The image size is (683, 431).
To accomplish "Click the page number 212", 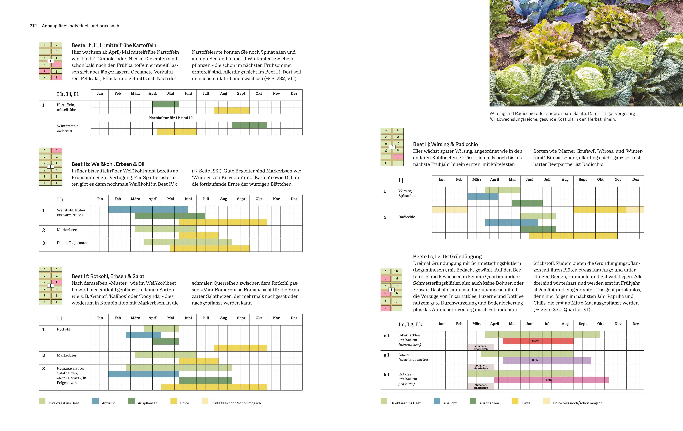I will tap(33, 26).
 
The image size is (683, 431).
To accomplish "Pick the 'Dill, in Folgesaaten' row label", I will tap(73, 243).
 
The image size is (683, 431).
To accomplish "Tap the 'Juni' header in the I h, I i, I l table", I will tap(188, 94).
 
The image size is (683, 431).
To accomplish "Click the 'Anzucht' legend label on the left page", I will tap(108, 403).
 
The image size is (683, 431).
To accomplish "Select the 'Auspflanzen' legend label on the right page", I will tap(489, 403).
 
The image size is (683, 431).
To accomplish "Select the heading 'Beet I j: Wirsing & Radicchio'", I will tap(445, 144).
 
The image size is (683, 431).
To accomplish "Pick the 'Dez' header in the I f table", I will tap(294, 318).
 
